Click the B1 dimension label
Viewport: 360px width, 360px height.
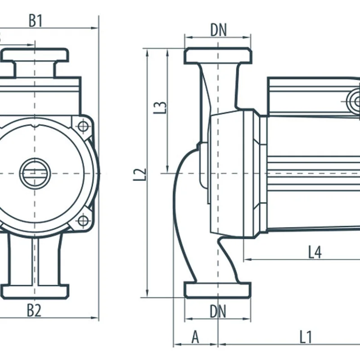pos(36,20)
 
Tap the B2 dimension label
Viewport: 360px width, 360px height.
pos(34,310)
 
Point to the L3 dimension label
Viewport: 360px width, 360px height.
pos(161,107)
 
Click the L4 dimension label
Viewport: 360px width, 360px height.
pos(315,252)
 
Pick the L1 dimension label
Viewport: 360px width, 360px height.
pos(306,337)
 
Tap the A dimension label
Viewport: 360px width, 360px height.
pos(195,337)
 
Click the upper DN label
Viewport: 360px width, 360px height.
pos(218,30)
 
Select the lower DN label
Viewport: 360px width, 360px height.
pos(218,311)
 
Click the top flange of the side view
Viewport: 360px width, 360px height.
pos(218,56)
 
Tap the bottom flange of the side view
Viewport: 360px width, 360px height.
pos(218,290)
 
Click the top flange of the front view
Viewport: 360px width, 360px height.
pos(35,55)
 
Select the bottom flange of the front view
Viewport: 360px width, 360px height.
pos(35,291)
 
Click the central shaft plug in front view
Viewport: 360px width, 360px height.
pos(35,173)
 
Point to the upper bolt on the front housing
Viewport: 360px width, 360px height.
pos(83,126)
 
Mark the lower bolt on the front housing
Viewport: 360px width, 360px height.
pos(83,220)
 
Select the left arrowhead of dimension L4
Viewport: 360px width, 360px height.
pos(246,259)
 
